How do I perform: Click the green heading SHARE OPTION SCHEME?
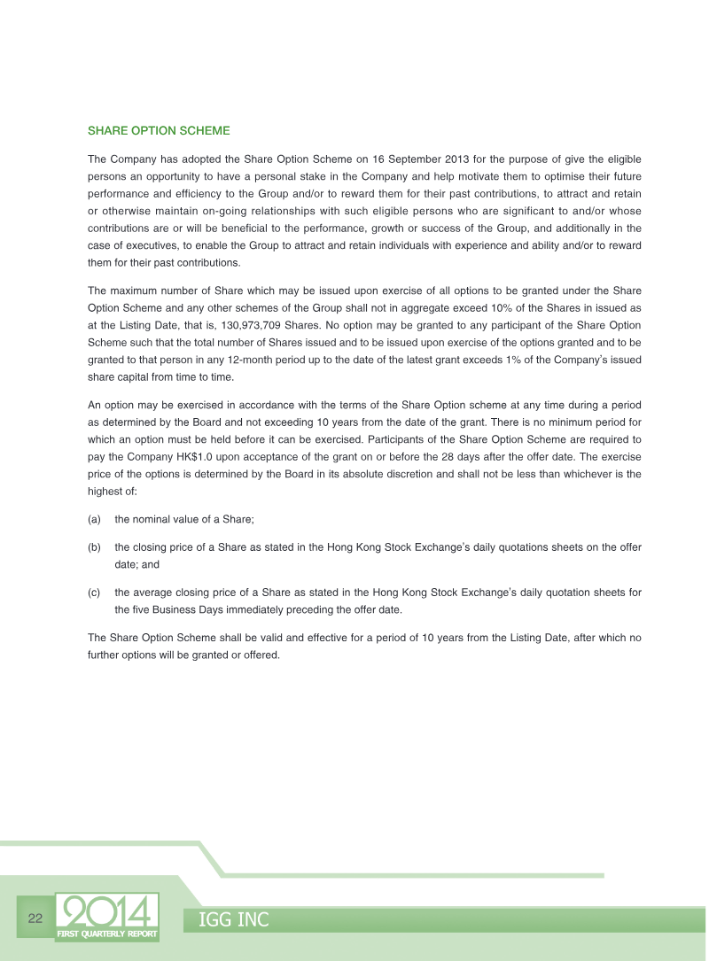(159, 131)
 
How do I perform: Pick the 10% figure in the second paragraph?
(482, 307)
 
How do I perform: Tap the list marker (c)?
(95, 593)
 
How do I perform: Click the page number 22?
(35, 918)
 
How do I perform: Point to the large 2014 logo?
(107, 911)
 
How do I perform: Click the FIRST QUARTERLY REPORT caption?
(107, 934)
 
